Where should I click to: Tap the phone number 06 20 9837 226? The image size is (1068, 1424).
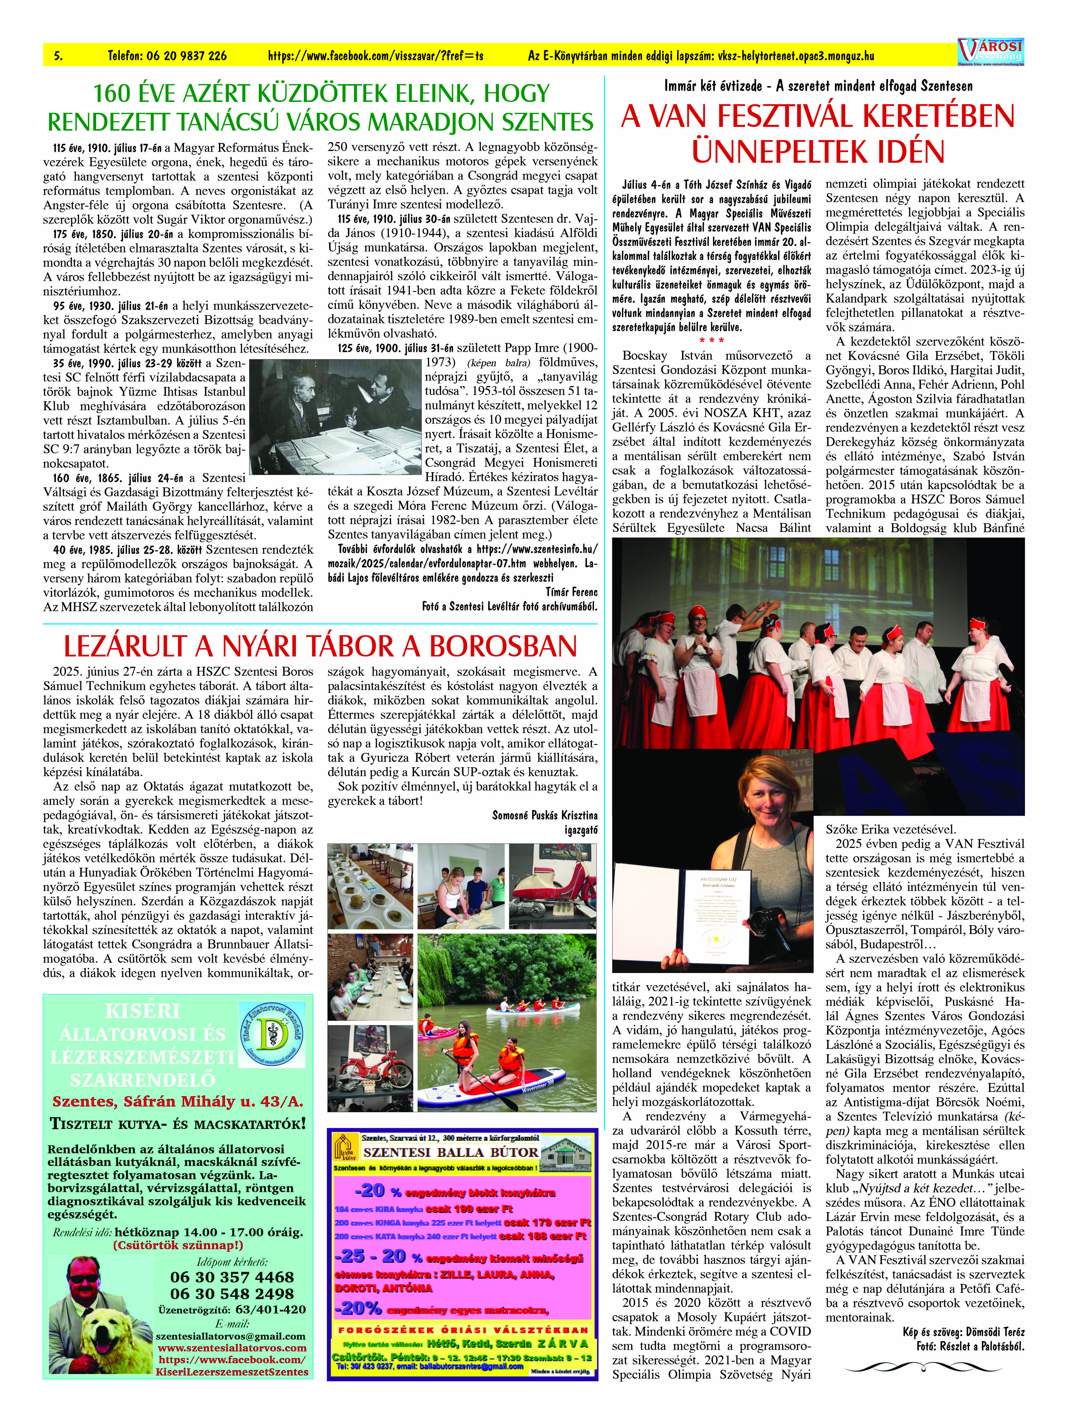167,56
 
